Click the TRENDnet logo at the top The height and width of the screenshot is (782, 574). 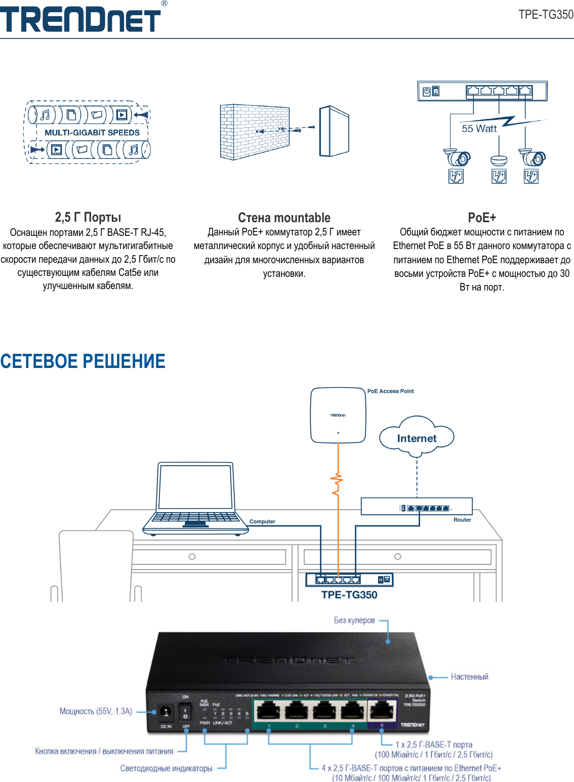81,19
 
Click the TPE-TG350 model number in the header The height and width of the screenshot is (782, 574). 546,15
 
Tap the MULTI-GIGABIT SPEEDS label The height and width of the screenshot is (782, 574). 92,133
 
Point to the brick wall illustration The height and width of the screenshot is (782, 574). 255,132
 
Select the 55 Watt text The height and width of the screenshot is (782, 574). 479,129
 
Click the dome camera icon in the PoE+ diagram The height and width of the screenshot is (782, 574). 499,160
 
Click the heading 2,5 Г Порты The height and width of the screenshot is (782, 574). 88,218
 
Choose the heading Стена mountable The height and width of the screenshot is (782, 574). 284,218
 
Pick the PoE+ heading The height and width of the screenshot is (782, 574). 482,218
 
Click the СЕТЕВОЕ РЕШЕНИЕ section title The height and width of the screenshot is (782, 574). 83,361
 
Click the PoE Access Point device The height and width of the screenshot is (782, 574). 338,416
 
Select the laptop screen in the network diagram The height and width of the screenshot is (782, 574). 195,487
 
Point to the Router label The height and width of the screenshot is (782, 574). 462,520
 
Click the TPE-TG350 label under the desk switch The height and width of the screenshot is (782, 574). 349,595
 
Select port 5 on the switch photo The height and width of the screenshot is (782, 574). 382,711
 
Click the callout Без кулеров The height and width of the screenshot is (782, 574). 354,621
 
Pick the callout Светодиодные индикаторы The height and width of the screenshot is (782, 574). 166,768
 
